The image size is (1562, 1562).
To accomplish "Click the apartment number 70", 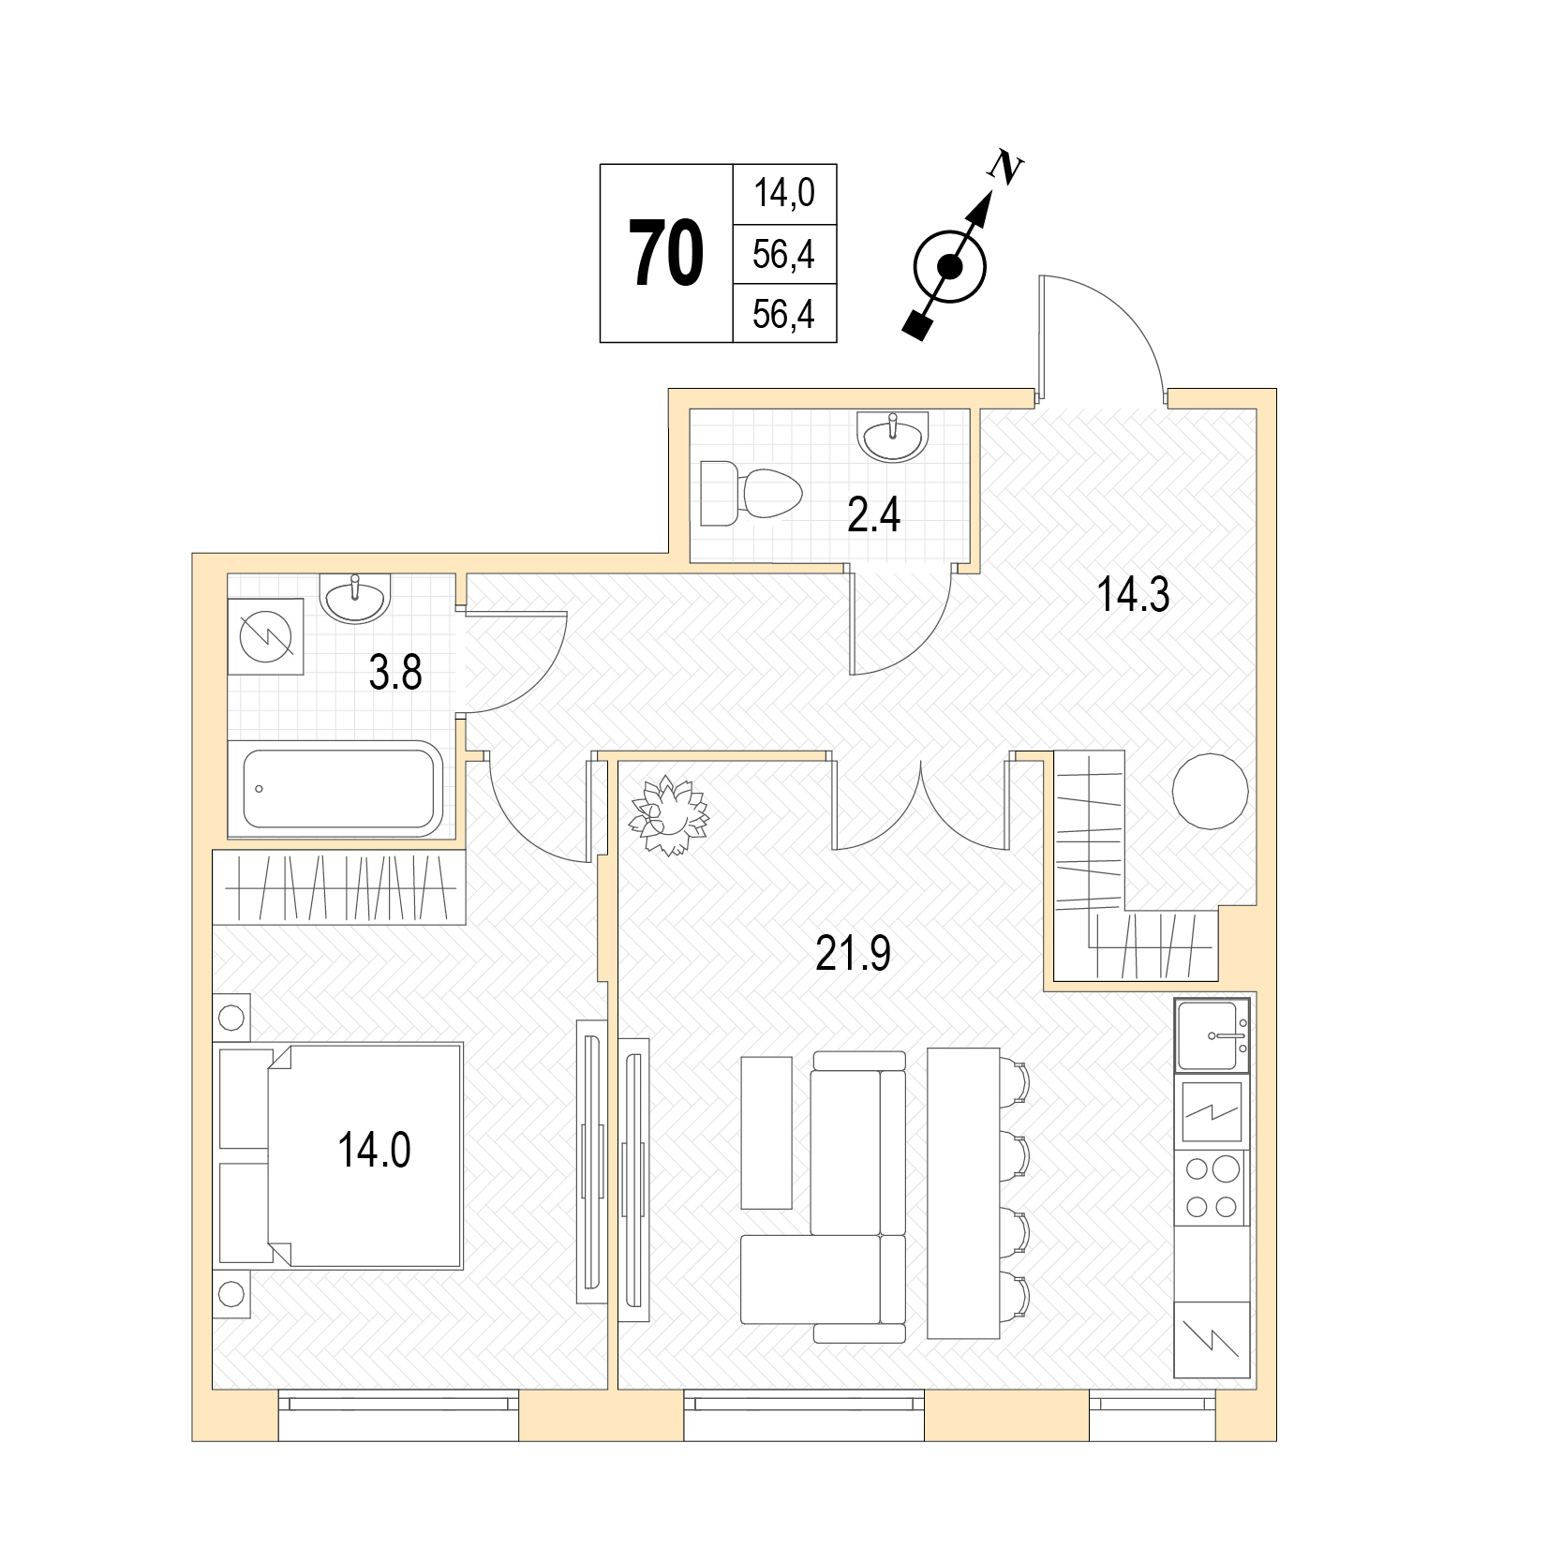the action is point(666,253).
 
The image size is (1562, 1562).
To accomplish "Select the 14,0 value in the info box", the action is point(784,193).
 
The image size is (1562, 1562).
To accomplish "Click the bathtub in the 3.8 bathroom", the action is point(337,788).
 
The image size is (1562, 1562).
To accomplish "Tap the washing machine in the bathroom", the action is point(266,636).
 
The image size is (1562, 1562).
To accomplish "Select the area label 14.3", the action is point(1134,595).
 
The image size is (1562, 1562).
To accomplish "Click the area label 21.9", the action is point(854,954).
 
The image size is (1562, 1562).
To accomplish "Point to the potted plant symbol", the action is point(669,815).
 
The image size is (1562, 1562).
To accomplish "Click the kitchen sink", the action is point(1212,1035).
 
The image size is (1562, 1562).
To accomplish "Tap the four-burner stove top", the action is point(1212,1188).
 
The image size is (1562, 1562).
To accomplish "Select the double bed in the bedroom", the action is point(340,1156).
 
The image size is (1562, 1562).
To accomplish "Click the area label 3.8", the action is point(395,673).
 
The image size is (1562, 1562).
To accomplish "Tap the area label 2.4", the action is point(874,514).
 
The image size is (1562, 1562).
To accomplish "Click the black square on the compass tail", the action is point(919,324).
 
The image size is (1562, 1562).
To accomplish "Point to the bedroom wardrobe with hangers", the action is point(339,887).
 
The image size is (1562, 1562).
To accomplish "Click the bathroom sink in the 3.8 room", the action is point(355,598).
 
